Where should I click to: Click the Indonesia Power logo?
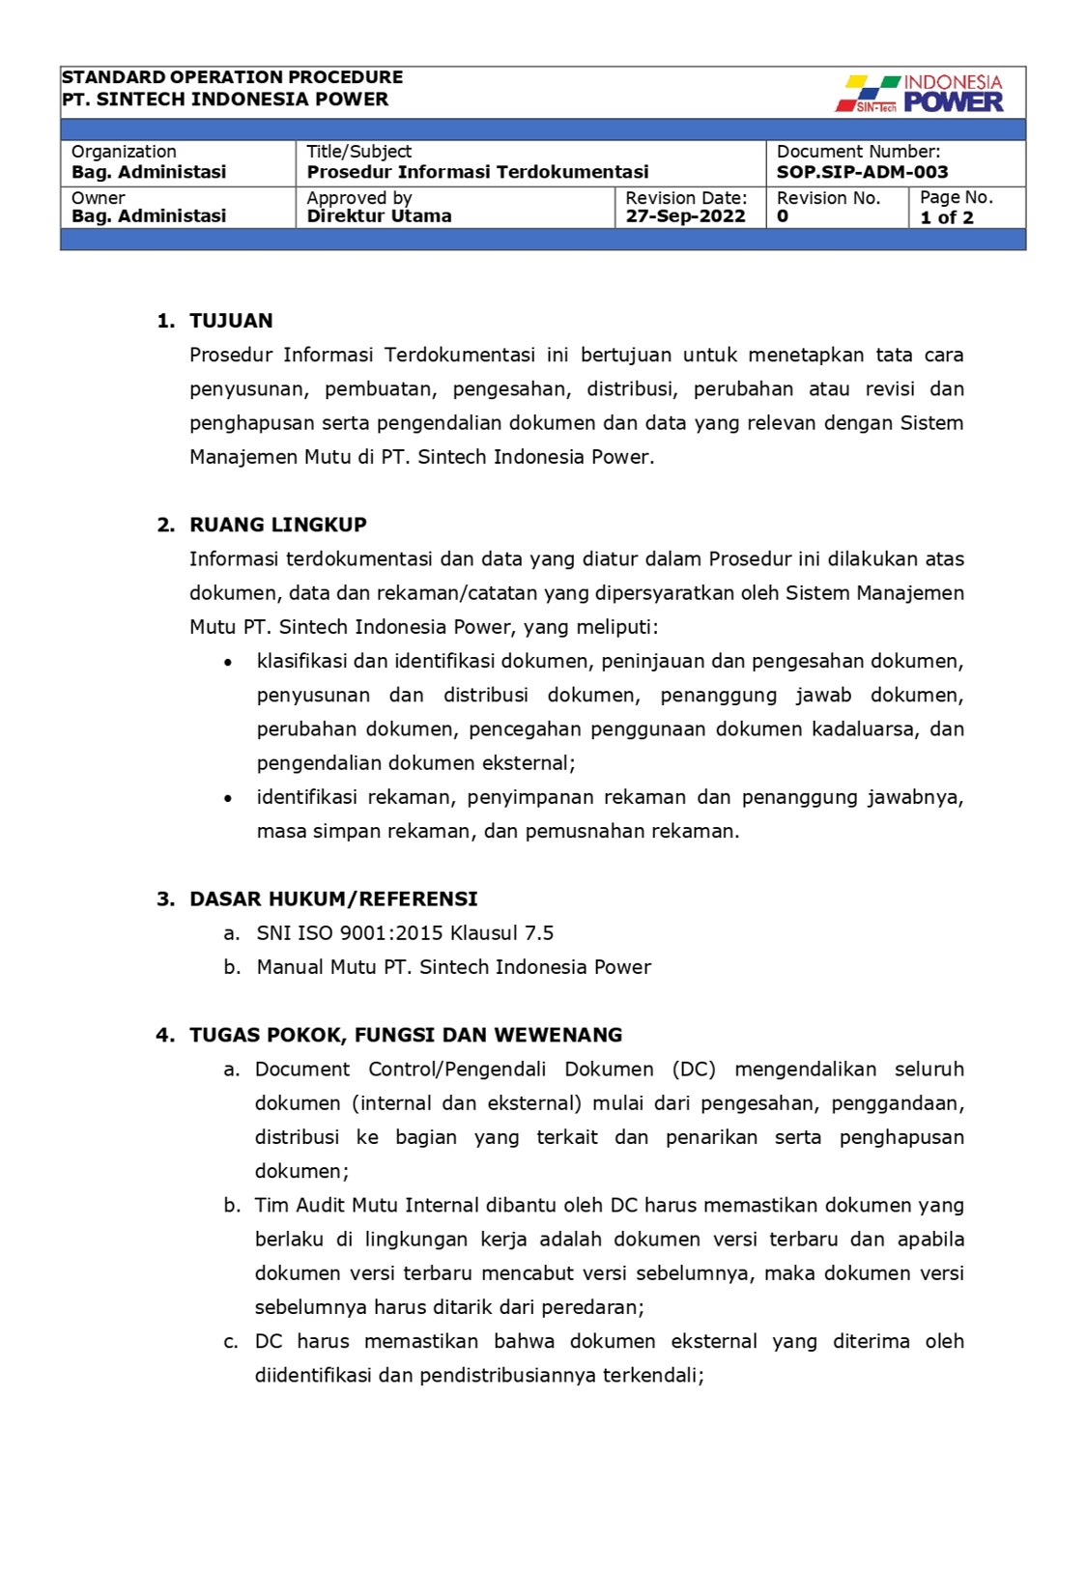(x=919, y=94)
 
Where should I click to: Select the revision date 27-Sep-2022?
(x=685, y=216)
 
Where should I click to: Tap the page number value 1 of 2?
(x=946, y=217)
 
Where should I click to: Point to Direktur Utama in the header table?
(x=379, y=216)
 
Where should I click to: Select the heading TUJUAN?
(x=231, y=321)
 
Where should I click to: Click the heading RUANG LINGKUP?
(x=277, y=525)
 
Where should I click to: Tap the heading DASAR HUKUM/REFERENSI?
(x=333, y=899)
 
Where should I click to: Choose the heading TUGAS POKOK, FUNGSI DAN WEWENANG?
(x=405, y=1035)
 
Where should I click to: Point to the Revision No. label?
(x=828, y=198)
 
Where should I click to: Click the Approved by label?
(x=359, y=198)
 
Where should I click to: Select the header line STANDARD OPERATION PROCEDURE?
(x=232, y=77)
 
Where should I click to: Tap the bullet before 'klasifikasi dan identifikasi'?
(x=228, y=663)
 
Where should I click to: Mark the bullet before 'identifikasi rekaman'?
(x=228, y=798)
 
